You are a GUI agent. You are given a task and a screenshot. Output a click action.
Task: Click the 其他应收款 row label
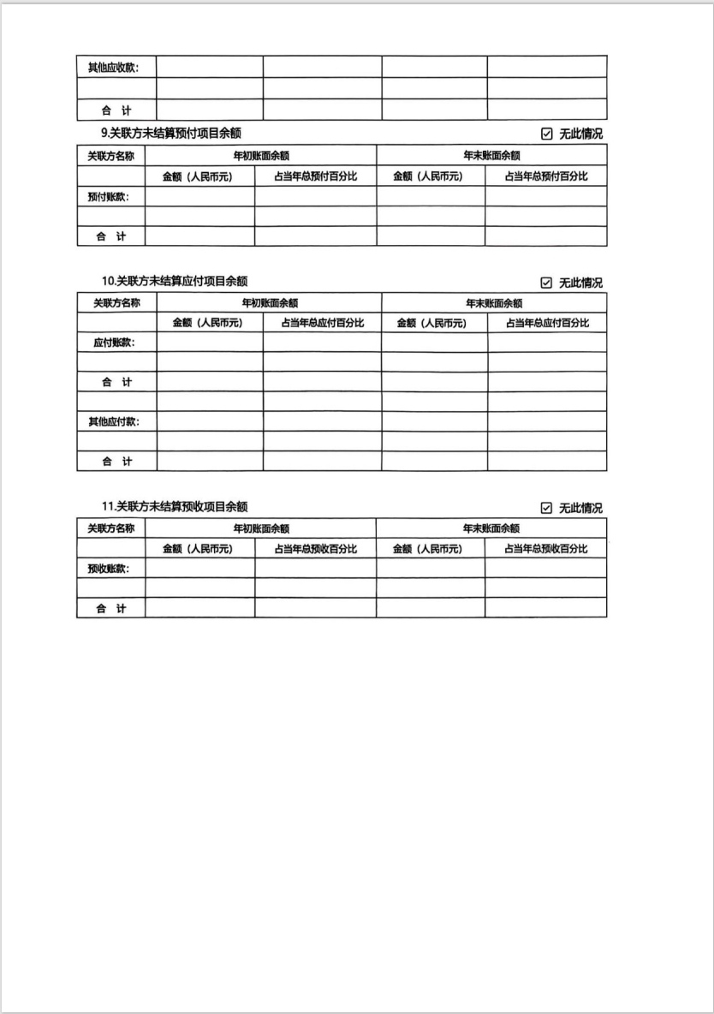point(114,67)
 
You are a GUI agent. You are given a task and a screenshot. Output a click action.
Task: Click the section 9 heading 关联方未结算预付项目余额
point(171,133)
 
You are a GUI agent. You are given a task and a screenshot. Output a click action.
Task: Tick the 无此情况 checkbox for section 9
point(547,134)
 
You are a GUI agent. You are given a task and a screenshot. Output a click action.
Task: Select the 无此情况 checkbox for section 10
point(547,283)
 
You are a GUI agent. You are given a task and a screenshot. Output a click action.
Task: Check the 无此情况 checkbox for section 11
point(547,508)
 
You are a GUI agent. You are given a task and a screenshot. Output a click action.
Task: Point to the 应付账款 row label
point(114,343)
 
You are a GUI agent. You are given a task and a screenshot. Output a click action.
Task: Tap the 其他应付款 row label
point(114,421)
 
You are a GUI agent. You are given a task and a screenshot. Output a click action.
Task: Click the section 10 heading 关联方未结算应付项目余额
point(176,281)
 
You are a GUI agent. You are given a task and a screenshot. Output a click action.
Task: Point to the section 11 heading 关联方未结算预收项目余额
point(176,506)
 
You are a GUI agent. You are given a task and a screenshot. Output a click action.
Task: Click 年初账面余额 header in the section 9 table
point(261,156)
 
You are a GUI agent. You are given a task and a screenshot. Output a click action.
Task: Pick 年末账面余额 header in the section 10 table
point(493,303)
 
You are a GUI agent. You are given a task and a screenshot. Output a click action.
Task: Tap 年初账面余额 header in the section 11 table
point(261,528)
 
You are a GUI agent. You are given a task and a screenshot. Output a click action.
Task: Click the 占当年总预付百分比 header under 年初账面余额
point(315,176)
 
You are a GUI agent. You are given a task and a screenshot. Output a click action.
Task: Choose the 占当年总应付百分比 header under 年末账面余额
point(547,323)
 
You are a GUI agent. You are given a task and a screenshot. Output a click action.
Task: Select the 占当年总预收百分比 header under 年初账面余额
point(315,548)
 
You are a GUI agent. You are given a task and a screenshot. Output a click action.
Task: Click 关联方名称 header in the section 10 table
point(116,302)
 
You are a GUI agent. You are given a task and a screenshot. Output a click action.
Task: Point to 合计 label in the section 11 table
point(110,608)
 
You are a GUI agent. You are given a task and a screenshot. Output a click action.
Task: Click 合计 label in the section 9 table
point(110,236)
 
